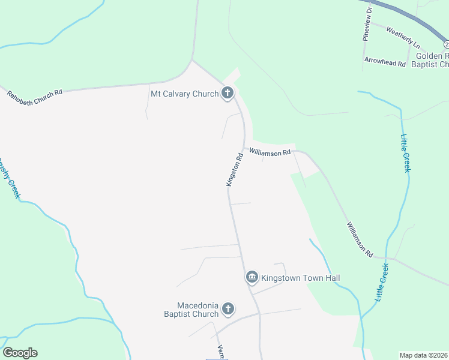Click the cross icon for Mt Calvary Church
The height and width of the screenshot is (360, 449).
tap(227, 93)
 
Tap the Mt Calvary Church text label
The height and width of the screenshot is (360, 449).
tap(184, 93)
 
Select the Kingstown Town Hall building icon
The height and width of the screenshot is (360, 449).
tap(252, 277)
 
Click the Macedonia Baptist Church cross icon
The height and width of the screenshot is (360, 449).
tap(228, 309)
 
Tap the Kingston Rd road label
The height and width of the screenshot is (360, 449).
tap(235, 169)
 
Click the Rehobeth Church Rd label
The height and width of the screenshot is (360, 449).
tap(35, 94)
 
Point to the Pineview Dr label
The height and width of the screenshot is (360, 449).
tap(367, 24)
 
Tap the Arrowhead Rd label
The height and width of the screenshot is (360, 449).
tap(385, 61)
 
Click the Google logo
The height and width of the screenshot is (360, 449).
tap(20, 353)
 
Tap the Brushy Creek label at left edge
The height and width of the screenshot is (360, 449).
tap(10, 177)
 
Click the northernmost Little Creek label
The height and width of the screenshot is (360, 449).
tap(406, 153)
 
